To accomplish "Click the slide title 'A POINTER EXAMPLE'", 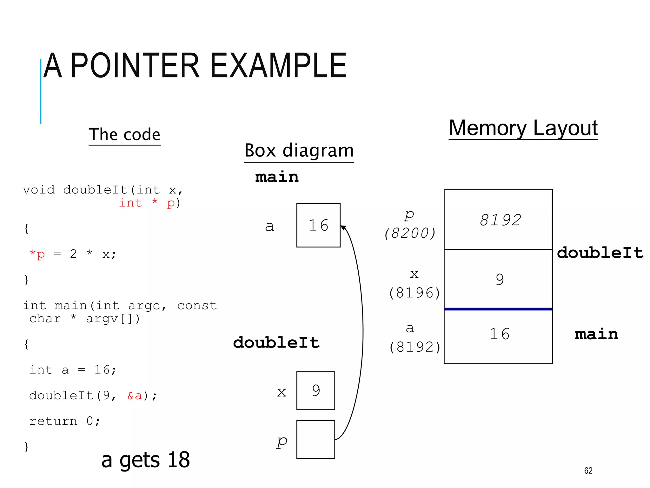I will [195, 66].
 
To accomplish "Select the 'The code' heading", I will [124, 134].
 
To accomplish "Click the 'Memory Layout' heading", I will [523, 128].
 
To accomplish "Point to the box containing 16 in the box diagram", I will [318, 225].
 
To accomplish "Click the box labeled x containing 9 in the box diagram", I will [315, 390].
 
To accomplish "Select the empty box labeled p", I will [315, 439].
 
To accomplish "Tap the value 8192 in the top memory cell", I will [500, 220].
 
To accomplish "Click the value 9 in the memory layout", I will [500, 280].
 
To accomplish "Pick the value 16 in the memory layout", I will [499, 334].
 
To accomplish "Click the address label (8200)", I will [410, 233].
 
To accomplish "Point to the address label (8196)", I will [415, 293].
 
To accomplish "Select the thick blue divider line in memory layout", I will [498, 309].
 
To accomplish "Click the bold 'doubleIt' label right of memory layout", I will [600, 253].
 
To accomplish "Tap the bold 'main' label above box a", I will [277, 177].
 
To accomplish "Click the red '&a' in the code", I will [135, 396].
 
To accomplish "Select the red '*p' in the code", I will [37, 254].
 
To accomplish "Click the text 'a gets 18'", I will [145, 460].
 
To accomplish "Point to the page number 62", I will [588, 471].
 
